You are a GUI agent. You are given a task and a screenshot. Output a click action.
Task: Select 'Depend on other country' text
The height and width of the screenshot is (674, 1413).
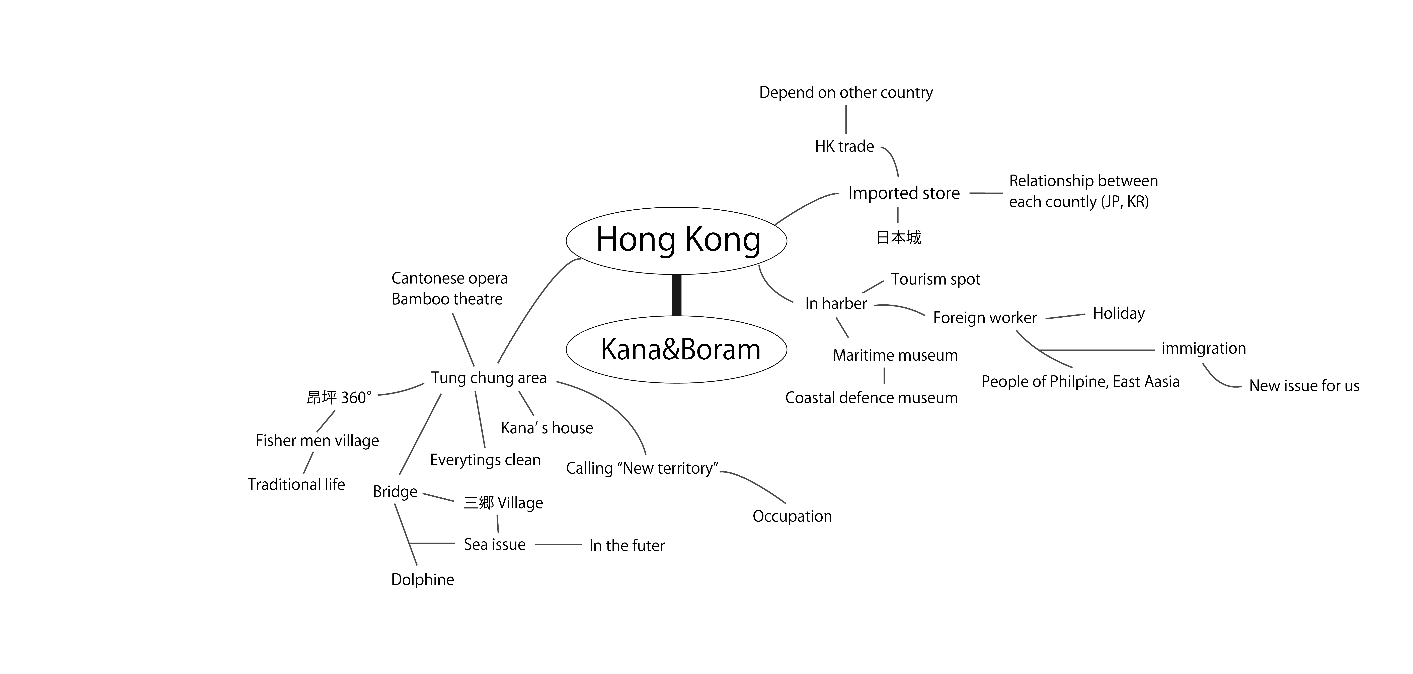click(846, 93)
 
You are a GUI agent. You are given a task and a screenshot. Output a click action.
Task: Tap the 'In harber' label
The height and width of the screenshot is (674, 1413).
click(836, 304)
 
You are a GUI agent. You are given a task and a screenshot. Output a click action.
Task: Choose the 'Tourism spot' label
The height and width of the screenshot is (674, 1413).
click(935, 280)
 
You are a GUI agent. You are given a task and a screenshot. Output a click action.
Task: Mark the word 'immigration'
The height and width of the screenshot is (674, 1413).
click(1203, 348)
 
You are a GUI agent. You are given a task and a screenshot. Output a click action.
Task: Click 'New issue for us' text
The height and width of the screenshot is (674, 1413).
click(1304, 386)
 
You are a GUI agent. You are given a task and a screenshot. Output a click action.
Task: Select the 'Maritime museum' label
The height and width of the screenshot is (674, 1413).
click(895, 355)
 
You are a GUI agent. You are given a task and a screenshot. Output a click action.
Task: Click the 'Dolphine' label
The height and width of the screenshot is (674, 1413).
click(422, 580)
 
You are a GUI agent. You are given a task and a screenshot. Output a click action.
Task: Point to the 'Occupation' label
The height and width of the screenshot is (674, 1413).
click(792, 516)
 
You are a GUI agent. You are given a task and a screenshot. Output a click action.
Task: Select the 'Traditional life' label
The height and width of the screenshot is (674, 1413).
click(296, 484)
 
